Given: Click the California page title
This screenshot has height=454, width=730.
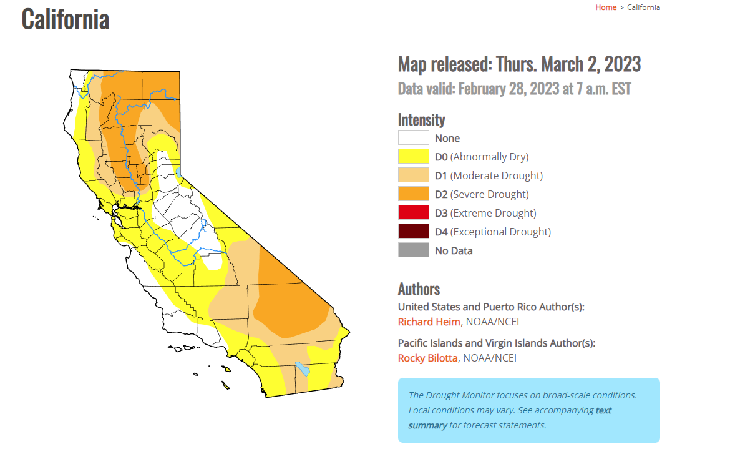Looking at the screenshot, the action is [66, 19].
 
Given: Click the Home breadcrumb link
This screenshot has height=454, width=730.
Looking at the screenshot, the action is [606, 7].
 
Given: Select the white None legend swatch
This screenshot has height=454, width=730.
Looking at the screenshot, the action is [414, 137].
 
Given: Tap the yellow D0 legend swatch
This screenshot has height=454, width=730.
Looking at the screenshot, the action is [414, 156].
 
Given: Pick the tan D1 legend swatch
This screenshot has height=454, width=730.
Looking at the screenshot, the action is [414, 175].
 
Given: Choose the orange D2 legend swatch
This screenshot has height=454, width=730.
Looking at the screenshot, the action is [414, 194].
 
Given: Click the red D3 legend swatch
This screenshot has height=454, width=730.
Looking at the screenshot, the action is [414, 212].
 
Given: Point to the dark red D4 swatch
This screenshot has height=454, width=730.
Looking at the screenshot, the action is [414, 231].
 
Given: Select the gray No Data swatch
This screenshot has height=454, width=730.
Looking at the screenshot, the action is [414, 250].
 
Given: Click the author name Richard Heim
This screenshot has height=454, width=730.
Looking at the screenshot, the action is [429, 322].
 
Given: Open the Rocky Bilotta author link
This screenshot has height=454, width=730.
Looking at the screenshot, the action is [427, 358].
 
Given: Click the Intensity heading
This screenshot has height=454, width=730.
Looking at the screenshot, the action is [421, 120].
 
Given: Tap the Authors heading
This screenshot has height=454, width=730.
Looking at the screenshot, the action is [419, 289].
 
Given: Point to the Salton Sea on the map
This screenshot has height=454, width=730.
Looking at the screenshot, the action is [303, 368].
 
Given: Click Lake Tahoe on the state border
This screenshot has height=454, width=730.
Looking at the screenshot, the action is [179, 172].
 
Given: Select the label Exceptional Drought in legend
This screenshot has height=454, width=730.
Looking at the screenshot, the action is [500, 232].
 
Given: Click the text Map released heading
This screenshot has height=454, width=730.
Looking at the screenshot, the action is [519, 64].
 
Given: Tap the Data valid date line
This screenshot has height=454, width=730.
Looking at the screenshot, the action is [515, 89].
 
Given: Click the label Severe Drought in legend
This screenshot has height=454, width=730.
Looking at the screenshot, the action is [489, 194].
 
